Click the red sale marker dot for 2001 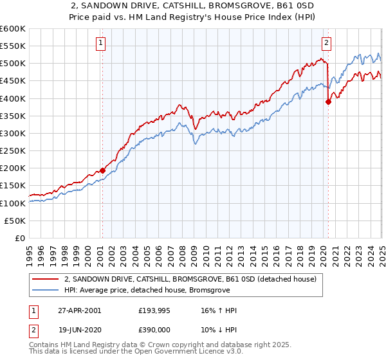(103, 170)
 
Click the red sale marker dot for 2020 (328, 102)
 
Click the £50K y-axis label (15, 221)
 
